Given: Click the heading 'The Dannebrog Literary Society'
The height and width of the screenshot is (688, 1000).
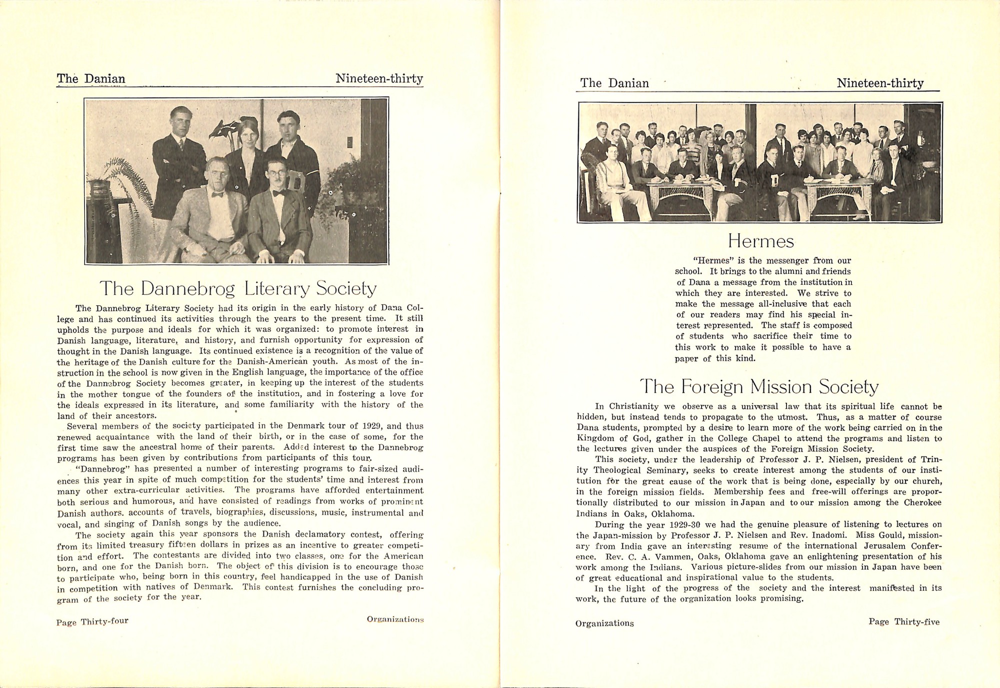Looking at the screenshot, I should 238,289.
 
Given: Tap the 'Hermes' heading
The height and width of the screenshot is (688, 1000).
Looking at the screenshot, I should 760,242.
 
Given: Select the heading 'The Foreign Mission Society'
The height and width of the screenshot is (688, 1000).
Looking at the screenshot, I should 759,387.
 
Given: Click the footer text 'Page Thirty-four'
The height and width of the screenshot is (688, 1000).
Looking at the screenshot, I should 92,622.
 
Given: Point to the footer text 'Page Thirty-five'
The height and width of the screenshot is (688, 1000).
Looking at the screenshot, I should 904,622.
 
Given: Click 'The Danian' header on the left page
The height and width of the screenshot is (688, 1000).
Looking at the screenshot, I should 91,79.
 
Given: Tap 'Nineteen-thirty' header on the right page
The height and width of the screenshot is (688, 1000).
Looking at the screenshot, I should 880,83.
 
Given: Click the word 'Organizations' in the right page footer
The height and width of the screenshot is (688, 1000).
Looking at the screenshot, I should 604,623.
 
